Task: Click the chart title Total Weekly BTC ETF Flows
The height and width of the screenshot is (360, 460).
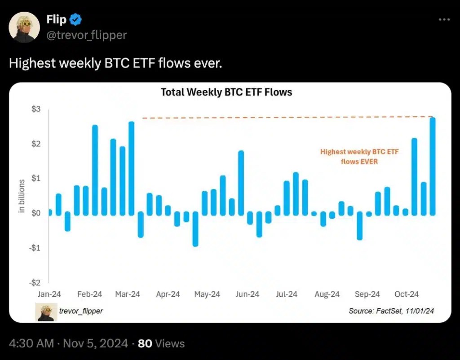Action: tap(226, 92)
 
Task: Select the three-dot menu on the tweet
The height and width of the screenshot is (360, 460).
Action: tap(443, 19)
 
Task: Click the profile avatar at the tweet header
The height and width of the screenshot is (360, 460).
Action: tap(25, 27)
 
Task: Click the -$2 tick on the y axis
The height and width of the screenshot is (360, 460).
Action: tap(35, 282)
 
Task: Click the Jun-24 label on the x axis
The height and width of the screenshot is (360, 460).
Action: tap(248, 294)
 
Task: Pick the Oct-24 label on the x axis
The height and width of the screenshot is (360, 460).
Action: tap(407, 294)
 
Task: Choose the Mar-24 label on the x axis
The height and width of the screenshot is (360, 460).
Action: tap(128, 294)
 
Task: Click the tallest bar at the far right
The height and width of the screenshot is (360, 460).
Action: tap(433, 166)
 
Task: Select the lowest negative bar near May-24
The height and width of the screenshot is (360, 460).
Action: tap(195, 229)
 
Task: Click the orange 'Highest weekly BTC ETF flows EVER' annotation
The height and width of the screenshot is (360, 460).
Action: tap(359, 157)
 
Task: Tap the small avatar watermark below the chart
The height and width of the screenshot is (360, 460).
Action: tap(46, 312)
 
